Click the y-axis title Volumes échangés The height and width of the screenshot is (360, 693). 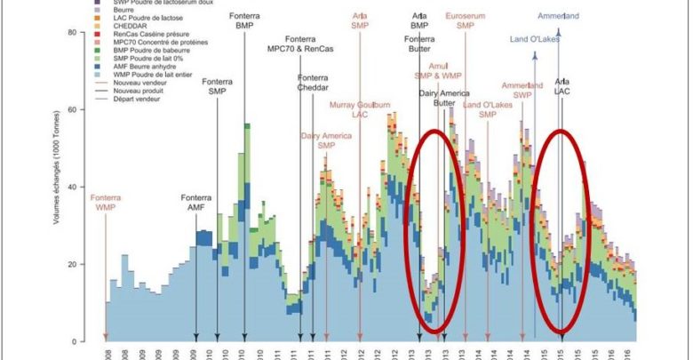point(57,187)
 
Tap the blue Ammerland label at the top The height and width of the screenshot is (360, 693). point(559,15)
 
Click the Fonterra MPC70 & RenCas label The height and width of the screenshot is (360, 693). point(300,44)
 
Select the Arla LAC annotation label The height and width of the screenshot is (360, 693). point(562,86)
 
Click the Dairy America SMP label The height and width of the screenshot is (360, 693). point(327,140)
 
